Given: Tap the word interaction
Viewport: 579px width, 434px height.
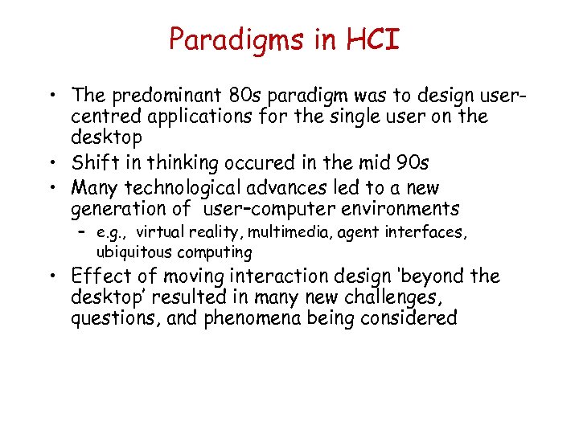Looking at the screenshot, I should click(279, 276).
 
